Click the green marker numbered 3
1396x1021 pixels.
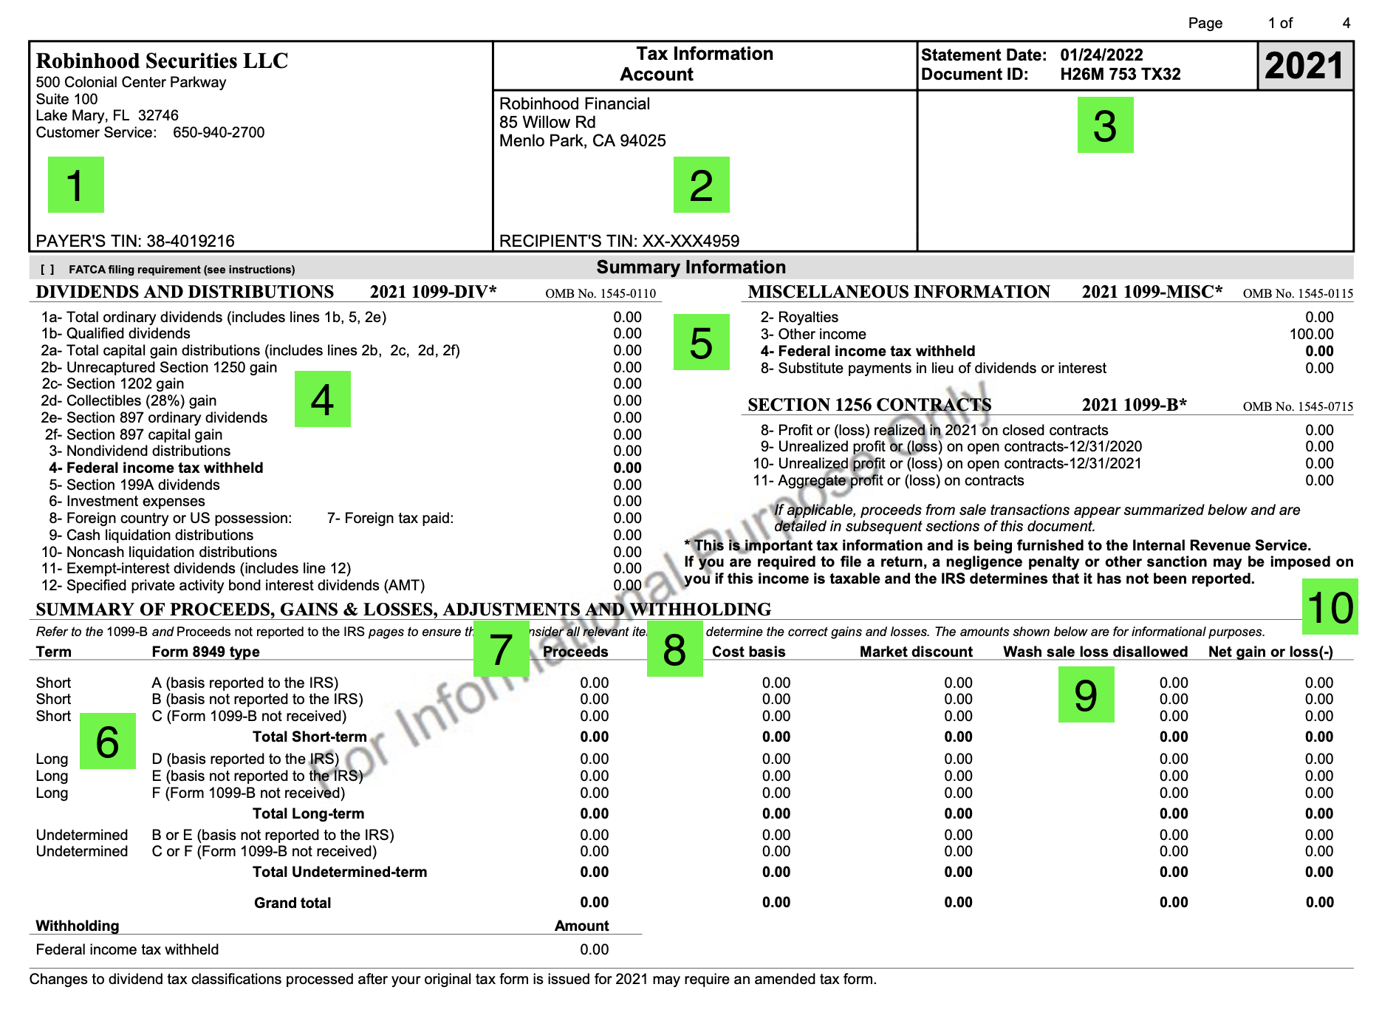coord(1105,126)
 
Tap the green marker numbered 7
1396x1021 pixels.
coord(501,649)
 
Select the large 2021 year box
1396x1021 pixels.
coord(1304,66)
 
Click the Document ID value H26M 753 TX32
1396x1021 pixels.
coord(1120,75)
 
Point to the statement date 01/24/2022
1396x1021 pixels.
coord(1101,55)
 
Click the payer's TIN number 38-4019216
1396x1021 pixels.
coord(191,241)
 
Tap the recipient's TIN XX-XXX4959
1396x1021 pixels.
coord(691,241)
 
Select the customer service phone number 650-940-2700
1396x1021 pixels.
coord(219,133)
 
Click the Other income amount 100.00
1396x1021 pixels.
coord(1311,335)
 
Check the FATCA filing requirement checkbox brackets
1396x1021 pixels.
coord(47,270)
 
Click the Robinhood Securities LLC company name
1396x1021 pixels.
coord(162,61)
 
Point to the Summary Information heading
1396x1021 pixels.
coord(691,267)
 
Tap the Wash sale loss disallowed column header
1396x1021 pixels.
coord(1095,652)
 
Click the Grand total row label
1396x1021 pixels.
coord(292,903)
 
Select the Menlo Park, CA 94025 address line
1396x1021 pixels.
coord(582,141)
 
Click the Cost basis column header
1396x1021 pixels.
coord(748,652)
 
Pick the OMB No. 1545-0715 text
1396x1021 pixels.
coord(1298,406)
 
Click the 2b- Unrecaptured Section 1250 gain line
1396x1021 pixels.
coord(159,368)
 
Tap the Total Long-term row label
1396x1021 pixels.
coord(308,813)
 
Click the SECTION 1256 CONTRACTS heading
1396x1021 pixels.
coord(869,405)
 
